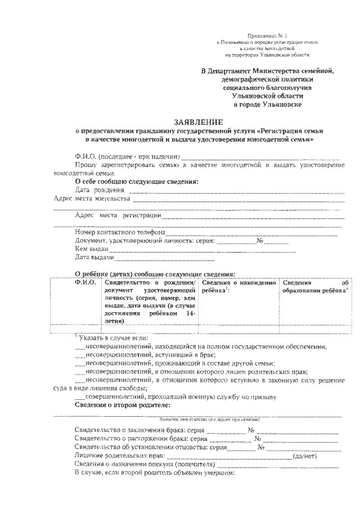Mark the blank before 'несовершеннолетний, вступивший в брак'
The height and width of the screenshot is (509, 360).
pyautogui.click(x=80, y=355)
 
